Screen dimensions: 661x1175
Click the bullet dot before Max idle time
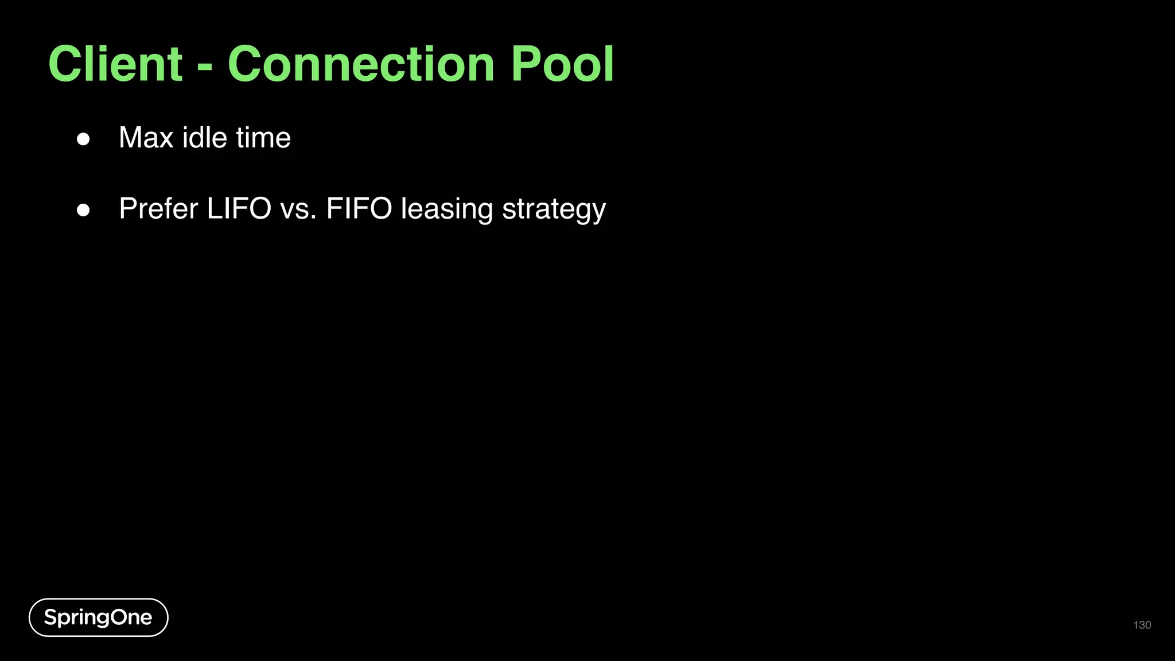pos(83,139)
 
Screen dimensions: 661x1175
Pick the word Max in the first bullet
pos(146,138)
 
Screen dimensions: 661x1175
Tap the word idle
pos(205,138)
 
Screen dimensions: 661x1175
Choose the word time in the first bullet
pos(263,138)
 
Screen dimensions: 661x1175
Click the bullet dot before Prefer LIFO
pos(83,210)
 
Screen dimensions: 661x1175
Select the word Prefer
pos(158,208)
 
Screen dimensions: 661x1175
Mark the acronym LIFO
pos(239,208)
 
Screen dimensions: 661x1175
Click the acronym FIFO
pos(359,208)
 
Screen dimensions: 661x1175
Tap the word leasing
pos(447,209)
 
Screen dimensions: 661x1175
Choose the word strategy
pos(554,209)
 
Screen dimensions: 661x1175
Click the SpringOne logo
pos(98,617)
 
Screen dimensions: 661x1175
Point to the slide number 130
pos(1142,625)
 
